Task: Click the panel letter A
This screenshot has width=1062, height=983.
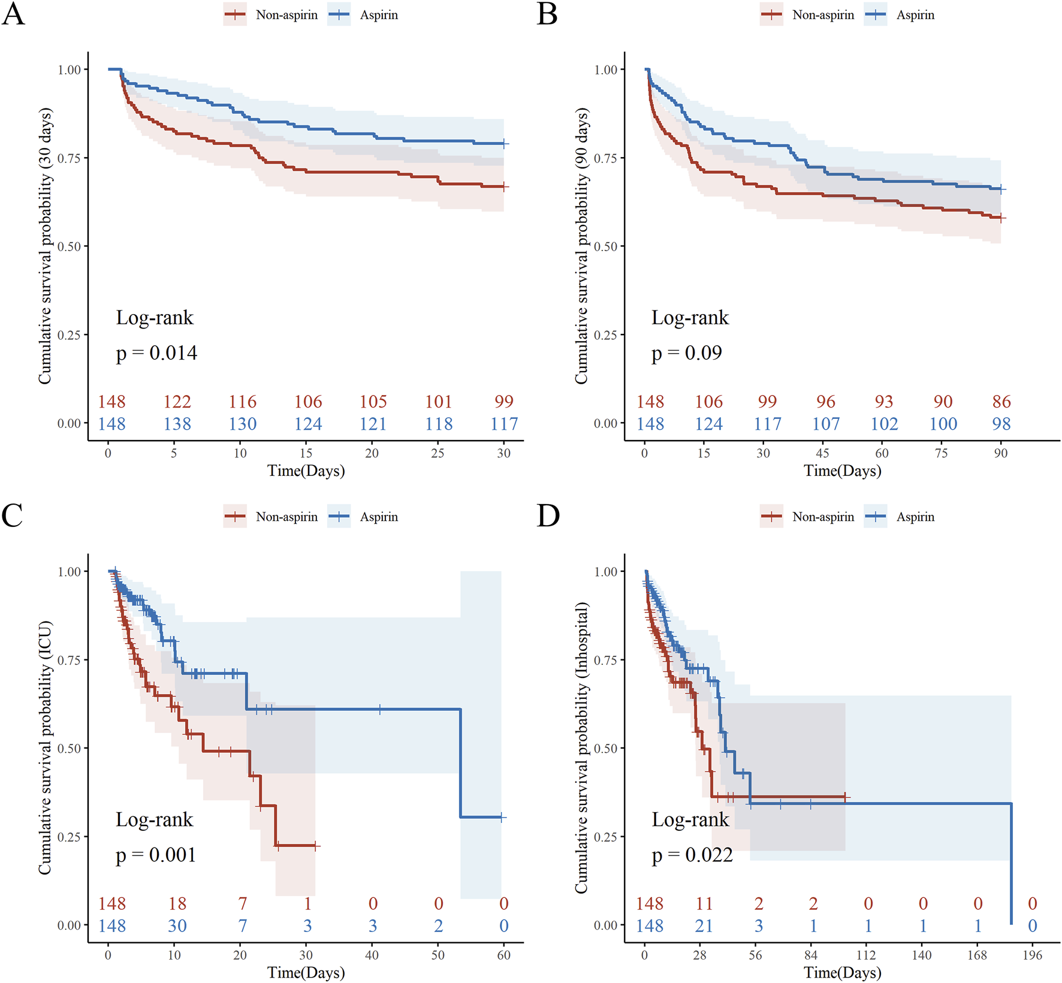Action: [x=13, y=14]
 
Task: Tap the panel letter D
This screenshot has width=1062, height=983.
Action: [x=548, y=515]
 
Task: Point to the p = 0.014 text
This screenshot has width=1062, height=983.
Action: [x=156, y=353]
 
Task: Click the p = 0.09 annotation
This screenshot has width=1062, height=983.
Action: [x=687, y=353]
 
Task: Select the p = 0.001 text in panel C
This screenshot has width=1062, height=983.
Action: [x=156, y=855]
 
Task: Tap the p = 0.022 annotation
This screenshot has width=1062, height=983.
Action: [x=692, y=855]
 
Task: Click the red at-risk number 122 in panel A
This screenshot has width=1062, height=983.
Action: [x=177, y=402]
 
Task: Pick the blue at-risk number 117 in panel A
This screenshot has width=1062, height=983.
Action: [x=504, y=424]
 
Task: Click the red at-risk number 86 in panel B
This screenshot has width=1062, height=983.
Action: [x=1001, y=402]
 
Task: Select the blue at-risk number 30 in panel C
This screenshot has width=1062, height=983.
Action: [x=177, y=926]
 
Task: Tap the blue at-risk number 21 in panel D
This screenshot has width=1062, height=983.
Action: [x=704, y=926]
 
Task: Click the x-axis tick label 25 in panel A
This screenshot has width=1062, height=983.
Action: [x=438, y=453]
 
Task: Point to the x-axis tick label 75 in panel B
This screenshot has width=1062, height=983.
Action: [x=942, y=453]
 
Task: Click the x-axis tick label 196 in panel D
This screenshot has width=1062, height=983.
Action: [x=1033, y=955]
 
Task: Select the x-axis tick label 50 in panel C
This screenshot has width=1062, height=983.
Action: [x=438, y=955]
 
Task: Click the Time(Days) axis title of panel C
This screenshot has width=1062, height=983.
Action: [x=306, y=972]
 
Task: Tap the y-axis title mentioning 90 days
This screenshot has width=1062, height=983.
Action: [x=581, y=246]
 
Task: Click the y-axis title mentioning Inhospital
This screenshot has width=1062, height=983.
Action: [x=581, y=747]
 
